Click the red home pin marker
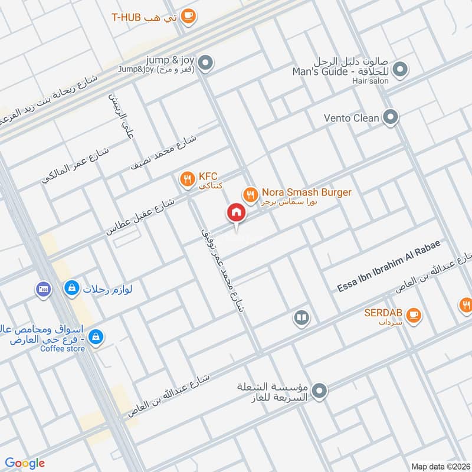[x=236, y=212]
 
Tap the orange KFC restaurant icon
[x=187, y=177]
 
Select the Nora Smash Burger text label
[x=307, y=192]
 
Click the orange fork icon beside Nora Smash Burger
[x=250, y=194]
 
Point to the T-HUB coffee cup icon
[x=188, y=17]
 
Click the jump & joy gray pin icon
[x=205, y=62]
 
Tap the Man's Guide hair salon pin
[x=400, y=70]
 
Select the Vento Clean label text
[x=352, y=118]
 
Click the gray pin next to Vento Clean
[x=389, y=118]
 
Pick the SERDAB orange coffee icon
[x=414, y=314]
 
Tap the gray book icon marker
[x=301, y=319]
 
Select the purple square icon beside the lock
[x=42, y=289]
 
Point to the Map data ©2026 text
[x=440, y=466]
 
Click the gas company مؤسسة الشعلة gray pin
[x=319, y=391]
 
